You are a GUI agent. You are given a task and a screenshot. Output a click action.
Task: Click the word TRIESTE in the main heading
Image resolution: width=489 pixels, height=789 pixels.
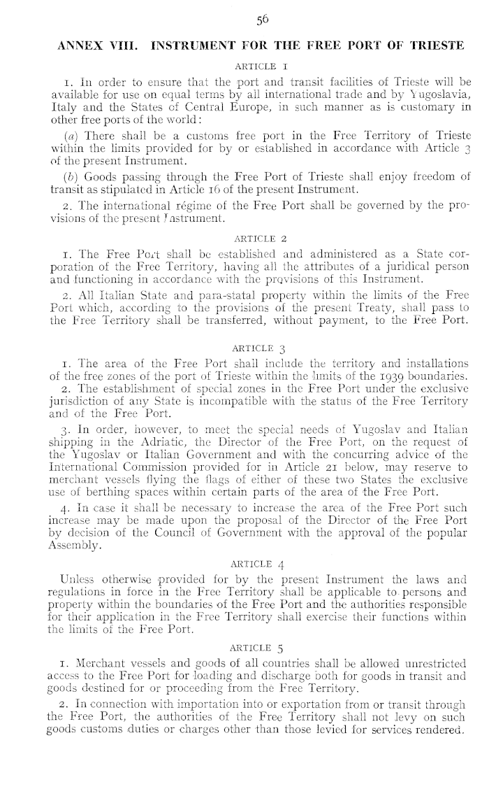(435, 45)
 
